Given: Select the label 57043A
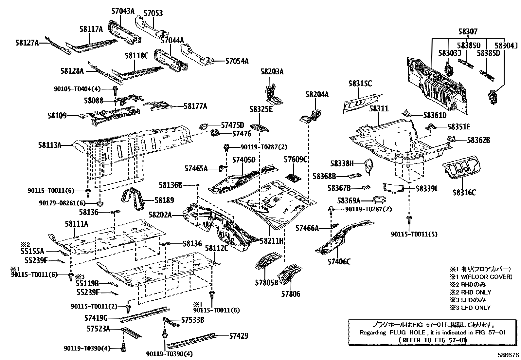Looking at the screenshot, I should coord(123,11).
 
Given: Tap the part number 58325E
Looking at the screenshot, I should coord(261,109).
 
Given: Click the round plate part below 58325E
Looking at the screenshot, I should coord(260,128).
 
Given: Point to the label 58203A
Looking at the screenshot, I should coord(272,71).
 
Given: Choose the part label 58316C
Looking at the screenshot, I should coord(464,192).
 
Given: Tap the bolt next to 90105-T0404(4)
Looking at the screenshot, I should coord(115,89).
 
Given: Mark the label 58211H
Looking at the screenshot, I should coord(271,241).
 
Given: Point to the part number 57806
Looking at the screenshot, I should coord(290,294).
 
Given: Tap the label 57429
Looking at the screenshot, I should coord(238,336).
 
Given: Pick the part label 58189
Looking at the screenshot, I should coord(164,200).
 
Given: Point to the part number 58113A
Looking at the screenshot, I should coord(50,145).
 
